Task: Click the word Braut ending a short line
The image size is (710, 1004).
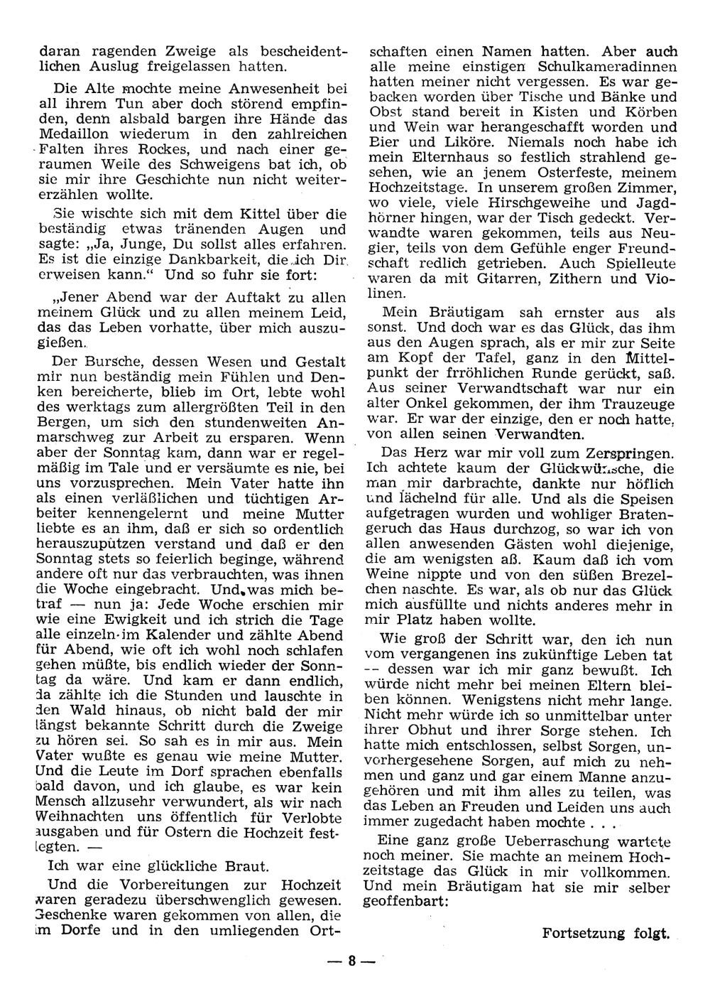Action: click(x=246, y=866)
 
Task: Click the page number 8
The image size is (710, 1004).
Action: click(x=350, y=963)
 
